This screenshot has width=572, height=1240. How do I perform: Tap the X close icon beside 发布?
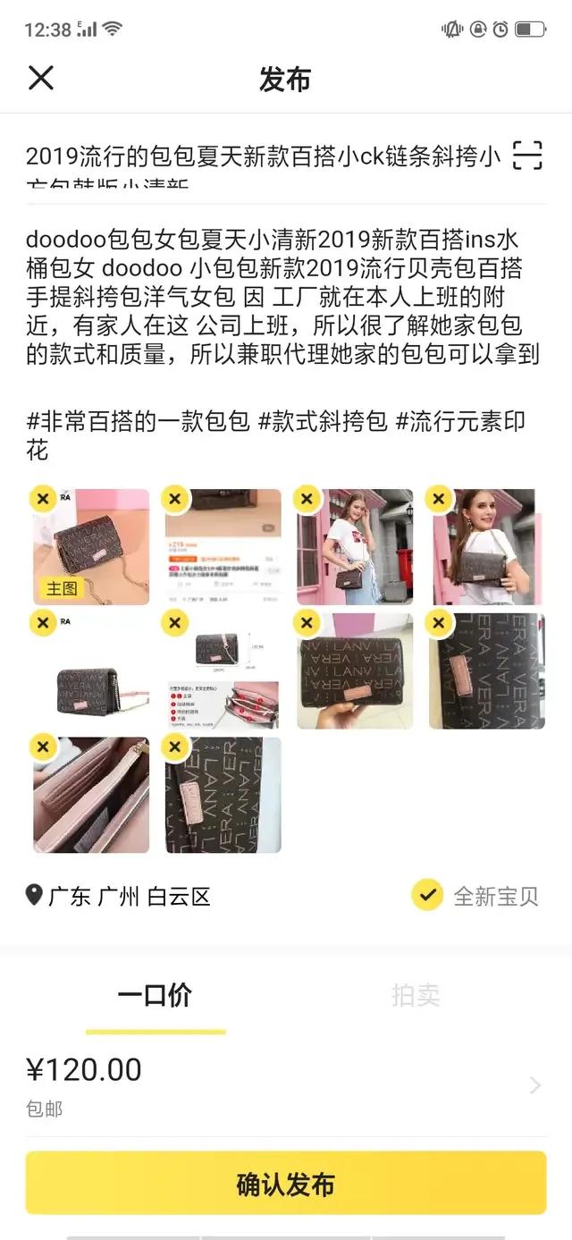click(41, 78)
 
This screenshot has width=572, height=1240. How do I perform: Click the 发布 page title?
click(285, 79)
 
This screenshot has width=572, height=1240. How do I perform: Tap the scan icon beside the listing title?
click(527, 156)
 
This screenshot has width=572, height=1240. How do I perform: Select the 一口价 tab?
click(155, 996)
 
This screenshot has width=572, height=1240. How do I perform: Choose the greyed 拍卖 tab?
click(416, 996)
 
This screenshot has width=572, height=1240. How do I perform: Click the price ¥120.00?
click(84, 1069)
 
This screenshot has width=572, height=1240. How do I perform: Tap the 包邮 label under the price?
click(44, 1109)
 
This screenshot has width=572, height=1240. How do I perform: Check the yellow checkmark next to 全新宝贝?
click(427, 895)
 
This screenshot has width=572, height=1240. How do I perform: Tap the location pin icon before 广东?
click(34, 895)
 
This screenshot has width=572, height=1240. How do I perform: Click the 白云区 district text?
click(179, 897)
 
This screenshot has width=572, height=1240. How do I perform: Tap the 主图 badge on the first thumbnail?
click(62, 587)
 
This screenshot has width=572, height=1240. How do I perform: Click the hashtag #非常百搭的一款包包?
click(138, 422)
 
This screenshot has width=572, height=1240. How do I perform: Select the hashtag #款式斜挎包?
click(322, 422)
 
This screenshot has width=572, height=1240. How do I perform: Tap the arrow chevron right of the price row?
click(535, 1085)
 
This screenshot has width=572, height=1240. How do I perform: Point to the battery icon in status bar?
click(530, 30)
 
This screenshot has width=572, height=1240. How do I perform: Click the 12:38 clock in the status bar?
click(47, 30)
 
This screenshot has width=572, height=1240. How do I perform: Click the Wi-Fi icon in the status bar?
click(113, 29)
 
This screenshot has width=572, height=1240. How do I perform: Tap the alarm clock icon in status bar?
click(500, 30)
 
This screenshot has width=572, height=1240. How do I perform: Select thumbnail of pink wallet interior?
click(91, 795)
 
